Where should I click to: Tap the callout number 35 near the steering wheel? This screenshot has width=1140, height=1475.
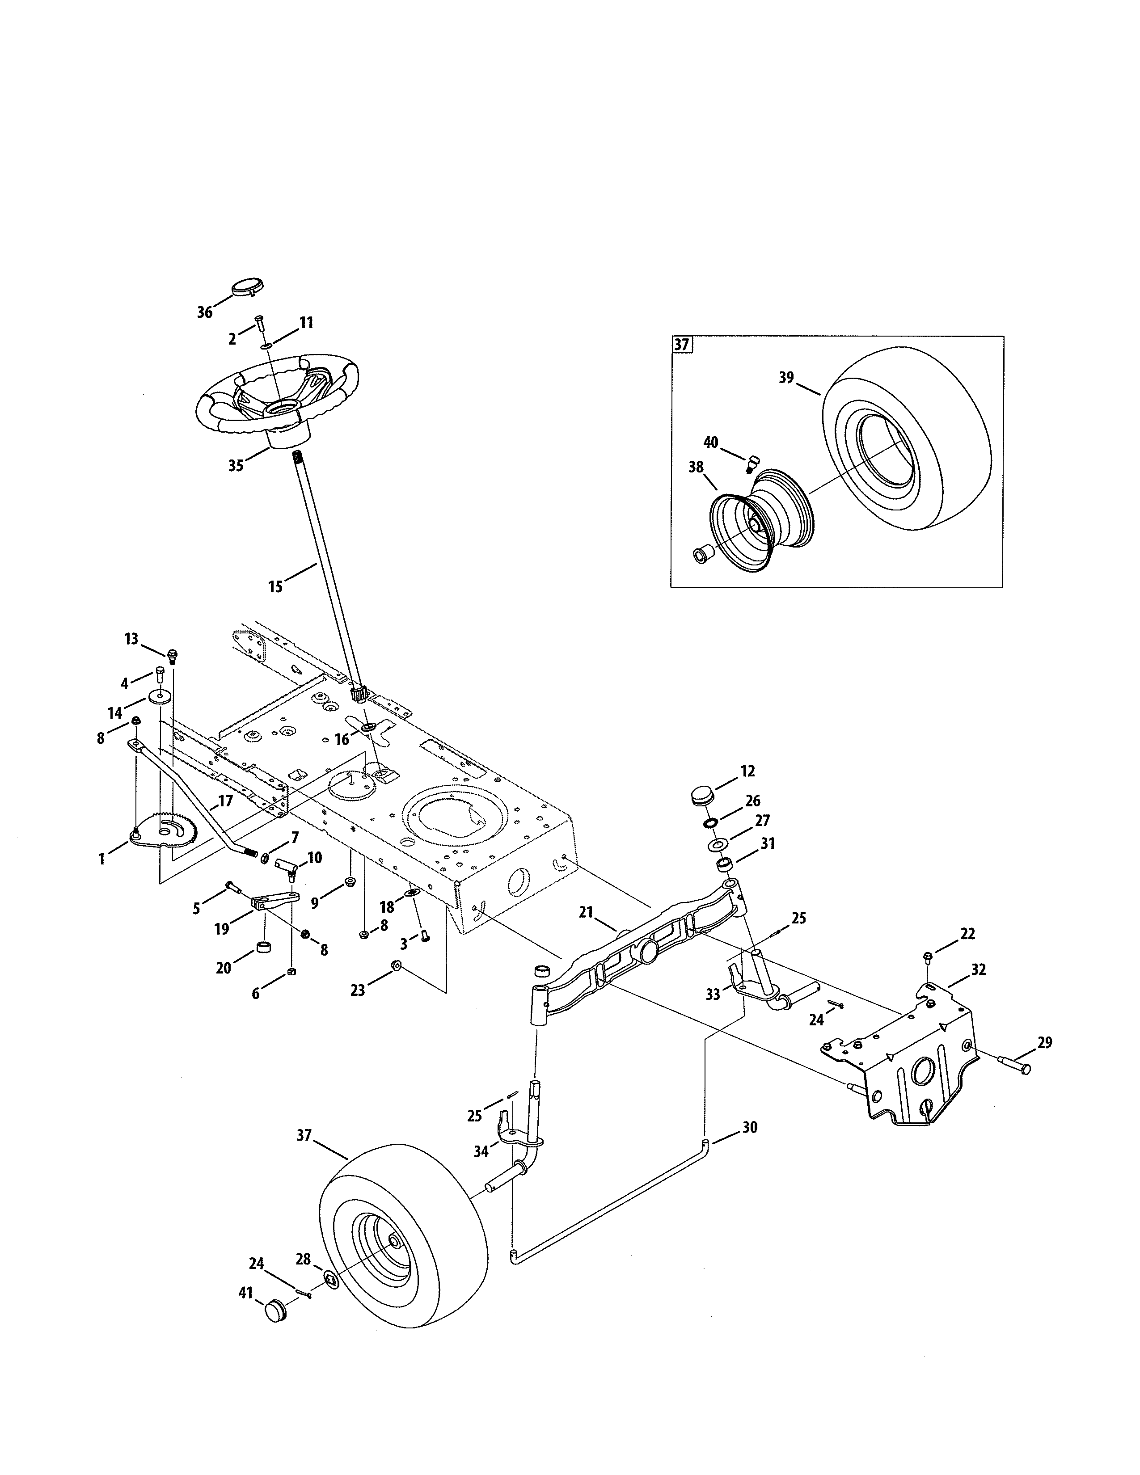tap(235, 466)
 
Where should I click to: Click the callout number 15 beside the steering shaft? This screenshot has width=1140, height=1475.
tap(275, 587)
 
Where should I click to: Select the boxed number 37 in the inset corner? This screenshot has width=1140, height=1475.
tap(681, 345)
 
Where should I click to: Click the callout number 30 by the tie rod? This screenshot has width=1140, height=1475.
tap(750, 1127)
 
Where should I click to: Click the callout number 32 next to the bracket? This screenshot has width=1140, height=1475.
tap(978, 970)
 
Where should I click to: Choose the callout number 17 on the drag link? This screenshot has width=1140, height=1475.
tap(225, 801)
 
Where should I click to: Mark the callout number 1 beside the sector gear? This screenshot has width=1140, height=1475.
tap(102, 859)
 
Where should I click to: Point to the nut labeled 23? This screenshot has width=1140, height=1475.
tap(397, 968)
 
